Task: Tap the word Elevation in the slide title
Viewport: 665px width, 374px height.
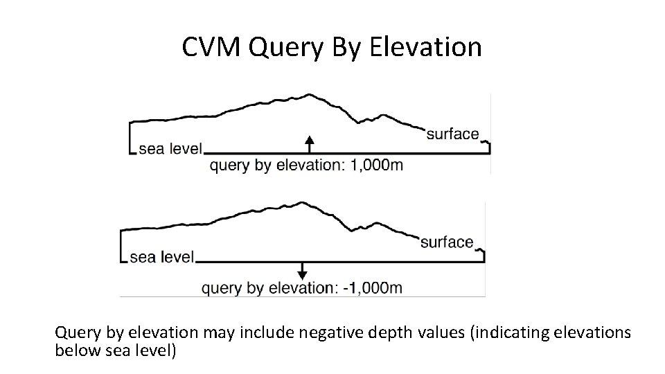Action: (426, 47)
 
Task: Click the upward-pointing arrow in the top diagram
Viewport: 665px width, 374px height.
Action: (310, 144)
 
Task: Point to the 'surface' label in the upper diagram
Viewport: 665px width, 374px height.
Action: (452, 134)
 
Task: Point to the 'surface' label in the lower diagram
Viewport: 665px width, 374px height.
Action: (447, 242)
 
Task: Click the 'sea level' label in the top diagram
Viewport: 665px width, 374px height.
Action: (170, 148)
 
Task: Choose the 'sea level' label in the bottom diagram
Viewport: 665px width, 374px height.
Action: (161, 257)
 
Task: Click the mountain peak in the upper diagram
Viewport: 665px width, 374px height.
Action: (310, 94)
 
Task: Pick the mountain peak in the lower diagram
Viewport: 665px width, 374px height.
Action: (301, 202)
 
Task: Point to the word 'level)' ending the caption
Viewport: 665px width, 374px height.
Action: (159, 350)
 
